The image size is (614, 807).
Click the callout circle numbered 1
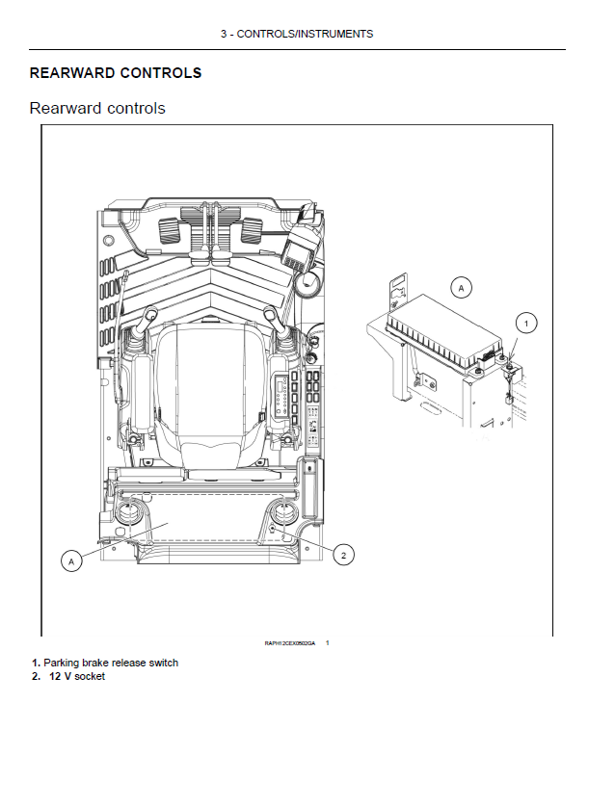525,323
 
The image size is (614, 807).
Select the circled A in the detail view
461,287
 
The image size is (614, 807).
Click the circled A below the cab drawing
70,560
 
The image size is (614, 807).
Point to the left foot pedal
165,231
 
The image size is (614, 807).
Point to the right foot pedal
252,230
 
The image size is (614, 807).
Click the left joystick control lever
152,318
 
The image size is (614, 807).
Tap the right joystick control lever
271,319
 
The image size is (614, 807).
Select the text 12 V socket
77,676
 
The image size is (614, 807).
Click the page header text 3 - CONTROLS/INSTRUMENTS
296,34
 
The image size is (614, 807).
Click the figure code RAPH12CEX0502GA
290,642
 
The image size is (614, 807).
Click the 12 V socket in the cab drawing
274,529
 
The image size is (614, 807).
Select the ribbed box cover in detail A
443,327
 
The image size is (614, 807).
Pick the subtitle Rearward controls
97,108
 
